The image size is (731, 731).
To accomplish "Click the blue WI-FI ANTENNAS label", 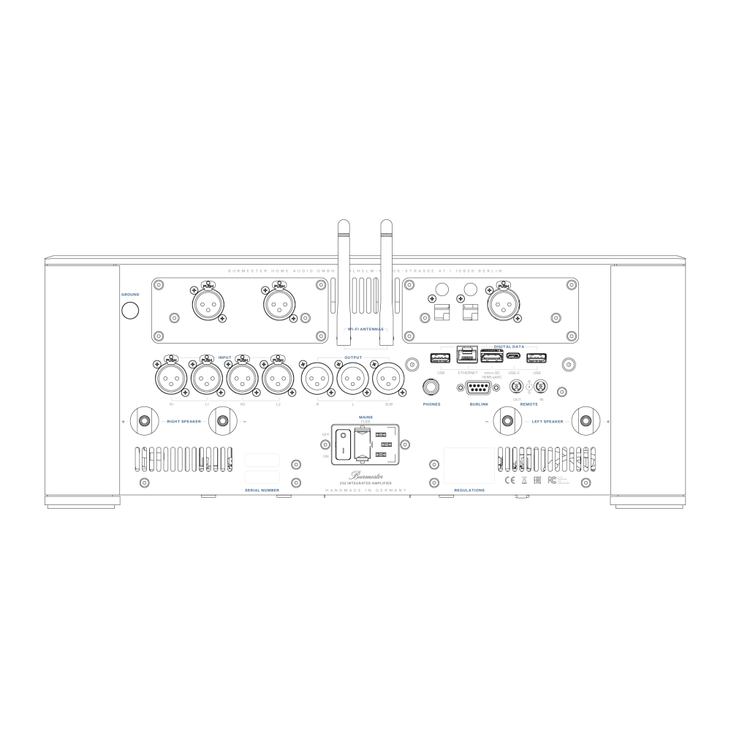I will pos(365,330).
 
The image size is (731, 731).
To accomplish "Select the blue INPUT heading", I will pos(224,357).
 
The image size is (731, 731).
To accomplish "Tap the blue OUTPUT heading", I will pos(353,357).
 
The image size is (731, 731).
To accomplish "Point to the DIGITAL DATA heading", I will pos(509,346).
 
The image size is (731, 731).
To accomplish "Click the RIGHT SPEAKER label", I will pos(183,422).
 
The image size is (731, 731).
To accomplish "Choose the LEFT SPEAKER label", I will pos(548,422).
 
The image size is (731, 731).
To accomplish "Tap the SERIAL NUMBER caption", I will pos(262,490).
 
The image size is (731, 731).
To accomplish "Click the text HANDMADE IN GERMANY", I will pos(365,490).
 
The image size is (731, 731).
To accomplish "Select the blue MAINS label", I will pos(365,417).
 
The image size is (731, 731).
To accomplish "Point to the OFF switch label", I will pos(326,434).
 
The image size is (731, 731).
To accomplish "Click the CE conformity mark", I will pos(510,480).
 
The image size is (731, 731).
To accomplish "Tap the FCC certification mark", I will pos(558,480).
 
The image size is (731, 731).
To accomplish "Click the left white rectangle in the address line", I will pos(344,275).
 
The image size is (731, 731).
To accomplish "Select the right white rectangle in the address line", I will pos(386,275).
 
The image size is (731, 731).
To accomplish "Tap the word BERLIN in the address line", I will pos(490,271).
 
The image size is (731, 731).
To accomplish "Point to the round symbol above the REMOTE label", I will pos(529,387).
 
